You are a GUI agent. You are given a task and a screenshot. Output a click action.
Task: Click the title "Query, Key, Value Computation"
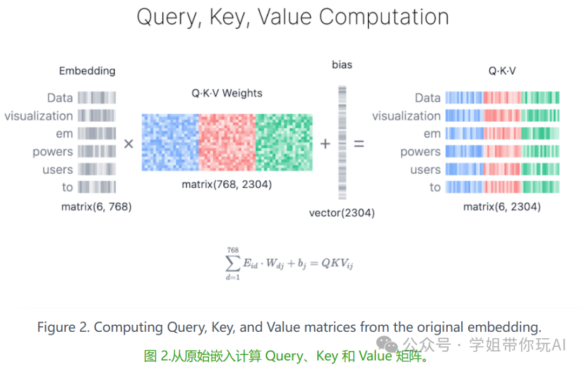point(293,17)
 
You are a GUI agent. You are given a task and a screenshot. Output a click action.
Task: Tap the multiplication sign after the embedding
point(129,144)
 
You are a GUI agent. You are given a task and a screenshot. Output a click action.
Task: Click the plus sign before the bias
point(326,144)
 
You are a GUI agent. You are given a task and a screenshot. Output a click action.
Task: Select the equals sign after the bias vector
point(359,144)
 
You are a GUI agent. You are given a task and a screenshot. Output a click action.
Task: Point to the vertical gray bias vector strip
point(342,143)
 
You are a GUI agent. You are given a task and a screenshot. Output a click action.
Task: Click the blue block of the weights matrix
point(170,143)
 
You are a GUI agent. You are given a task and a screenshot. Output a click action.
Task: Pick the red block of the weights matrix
point(227,143)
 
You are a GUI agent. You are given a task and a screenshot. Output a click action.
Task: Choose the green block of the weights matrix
point(284,143)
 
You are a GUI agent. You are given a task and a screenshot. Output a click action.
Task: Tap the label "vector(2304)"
point(342,213)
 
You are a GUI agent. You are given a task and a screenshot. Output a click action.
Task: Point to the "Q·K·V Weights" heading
point(227,93)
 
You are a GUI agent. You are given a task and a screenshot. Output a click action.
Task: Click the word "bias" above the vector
point(342,65)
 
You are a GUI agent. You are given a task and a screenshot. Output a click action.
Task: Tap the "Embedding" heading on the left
point(87,71)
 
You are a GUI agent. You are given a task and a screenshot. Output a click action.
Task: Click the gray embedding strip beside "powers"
point(97,152)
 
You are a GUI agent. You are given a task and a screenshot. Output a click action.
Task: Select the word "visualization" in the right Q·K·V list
point(406,116)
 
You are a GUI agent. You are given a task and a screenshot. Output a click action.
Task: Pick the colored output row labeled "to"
point(502,187)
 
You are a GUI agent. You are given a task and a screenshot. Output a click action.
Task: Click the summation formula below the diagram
point(289,264)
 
